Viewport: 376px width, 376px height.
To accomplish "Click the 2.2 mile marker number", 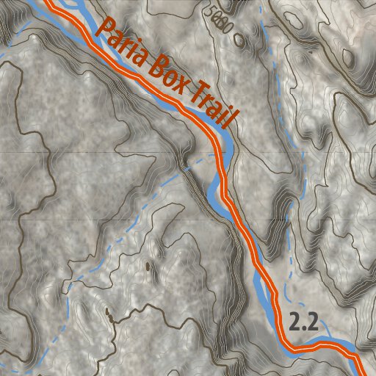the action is point(304,322).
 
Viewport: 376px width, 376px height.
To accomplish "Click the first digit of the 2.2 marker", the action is point(294,322).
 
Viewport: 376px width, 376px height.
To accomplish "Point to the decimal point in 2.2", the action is point(304,328).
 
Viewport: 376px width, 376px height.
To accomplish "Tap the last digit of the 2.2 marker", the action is point(314,322).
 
